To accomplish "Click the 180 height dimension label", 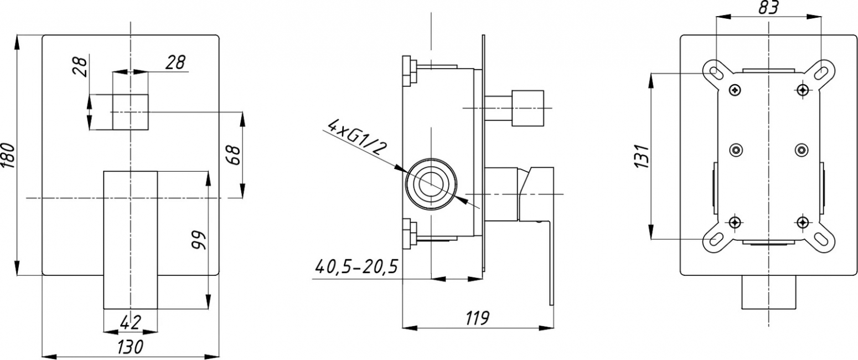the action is click(8, 155).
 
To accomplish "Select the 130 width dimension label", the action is click(130, 347).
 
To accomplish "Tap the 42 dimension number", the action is click(131, 323).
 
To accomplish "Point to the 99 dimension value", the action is click(199, 240).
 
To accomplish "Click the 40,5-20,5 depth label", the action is click(356, 267).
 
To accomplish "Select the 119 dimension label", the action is click(477, 318).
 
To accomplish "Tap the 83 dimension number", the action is click(769, 8).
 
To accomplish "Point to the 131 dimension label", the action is click(641, 156).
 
